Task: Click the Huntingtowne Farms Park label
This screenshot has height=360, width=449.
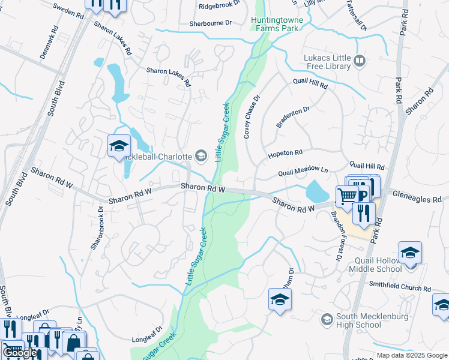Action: coord(277,24)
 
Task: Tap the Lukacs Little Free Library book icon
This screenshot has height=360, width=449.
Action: coord(360,60)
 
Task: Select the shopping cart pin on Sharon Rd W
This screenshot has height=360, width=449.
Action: coord(347,195)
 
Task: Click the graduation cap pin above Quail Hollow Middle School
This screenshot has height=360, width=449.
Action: coord(410,252)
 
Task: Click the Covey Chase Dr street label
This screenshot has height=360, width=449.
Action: coord(253,117)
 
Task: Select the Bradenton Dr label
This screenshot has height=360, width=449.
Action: coord(292,117)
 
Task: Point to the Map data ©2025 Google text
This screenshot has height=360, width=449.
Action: coord(411,355)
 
